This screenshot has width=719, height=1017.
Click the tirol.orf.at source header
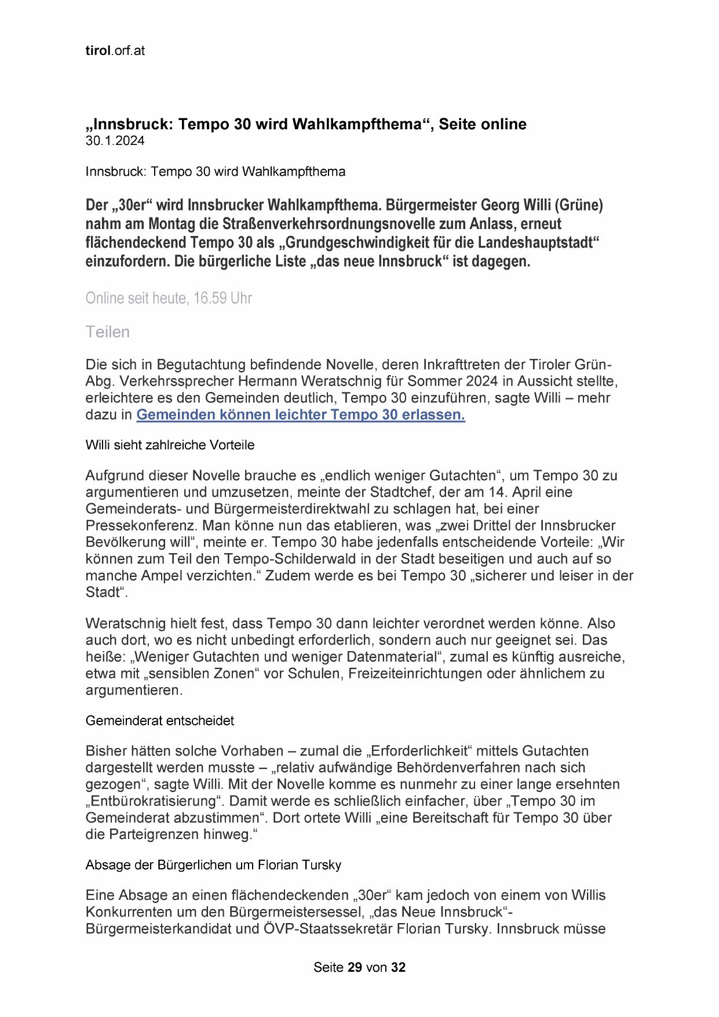pos(115,51)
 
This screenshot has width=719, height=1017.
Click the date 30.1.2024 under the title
pos(115,141)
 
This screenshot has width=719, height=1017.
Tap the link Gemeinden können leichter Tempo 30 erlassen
pos(301,415)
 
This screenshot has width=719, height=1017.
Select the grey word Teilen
pos(108,332)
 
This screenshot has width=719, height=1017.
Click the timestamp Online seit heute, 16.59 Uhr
pos(169,298)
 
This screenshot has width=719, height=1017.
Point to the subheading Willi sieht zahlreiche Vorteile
pos(170,445)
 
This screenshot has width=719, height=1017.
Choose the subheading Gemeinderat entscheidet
pos(160,721)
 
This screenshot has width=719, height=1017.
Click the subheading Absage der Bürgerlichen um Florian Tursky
pos(213,865)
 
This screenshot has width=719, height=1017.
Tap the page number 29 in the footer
pos(355,968)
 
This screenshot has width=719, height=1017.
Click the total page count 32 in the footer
pos(398,968)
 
